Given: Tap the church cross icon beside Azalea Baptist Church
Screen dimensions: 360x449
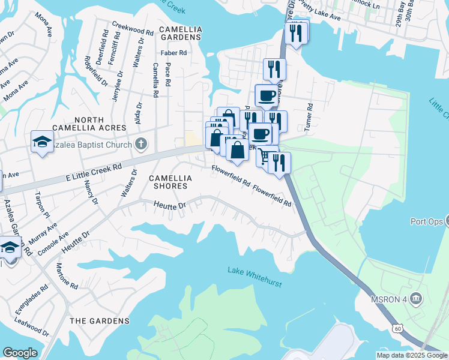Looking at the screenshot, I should coord(141,143).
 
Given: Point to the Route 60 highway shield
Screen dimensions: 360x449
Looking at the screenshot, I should coord(398,328).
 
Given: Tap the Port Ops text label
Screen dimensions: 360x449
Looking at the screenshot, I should coord(427,221).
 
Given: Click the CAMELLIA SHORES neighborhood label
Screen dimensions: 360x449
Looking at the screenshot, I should coord(170,182).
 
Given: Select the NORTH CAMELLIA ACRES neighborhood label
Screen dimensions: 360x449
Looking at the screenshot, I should coord(89,123).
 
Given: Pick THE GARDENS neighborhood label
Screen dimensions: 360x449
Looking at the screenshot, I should coord(99,321).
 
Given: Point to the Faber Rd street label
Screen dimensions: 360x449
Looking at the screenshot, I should coord(173,53).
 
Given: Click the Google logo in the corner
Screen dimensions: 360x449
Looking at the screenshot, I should coord(20,352).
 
